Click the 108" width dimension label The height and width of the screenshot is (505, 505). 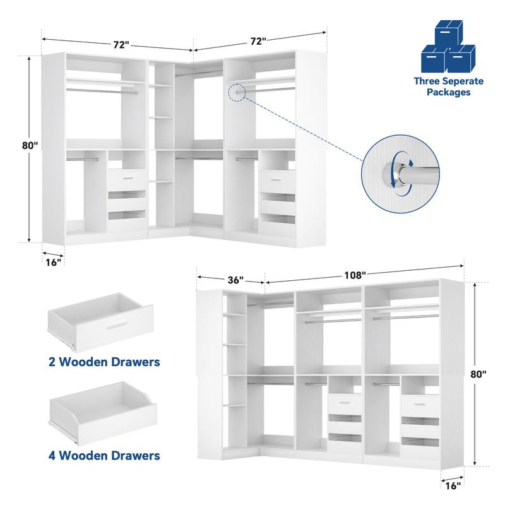355,275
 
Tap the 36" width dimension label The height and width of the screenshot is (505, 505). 234,280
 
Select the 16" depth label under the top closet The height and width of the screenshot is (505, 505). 54,261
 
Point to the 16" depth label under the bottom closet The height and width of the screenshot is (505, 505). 452,485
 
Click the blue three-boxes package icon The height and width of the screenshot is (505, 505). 449,49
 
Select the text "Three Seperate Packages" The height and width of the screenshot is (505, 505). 448,86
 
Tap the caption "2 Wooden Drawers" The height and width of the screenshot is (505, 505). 104,362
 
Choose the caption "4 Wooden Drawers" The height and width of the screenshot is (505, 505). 104,454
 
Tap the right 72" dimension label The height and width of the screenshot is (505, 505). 258,41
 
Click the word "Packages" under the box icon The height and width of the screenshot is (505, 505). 448,92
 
